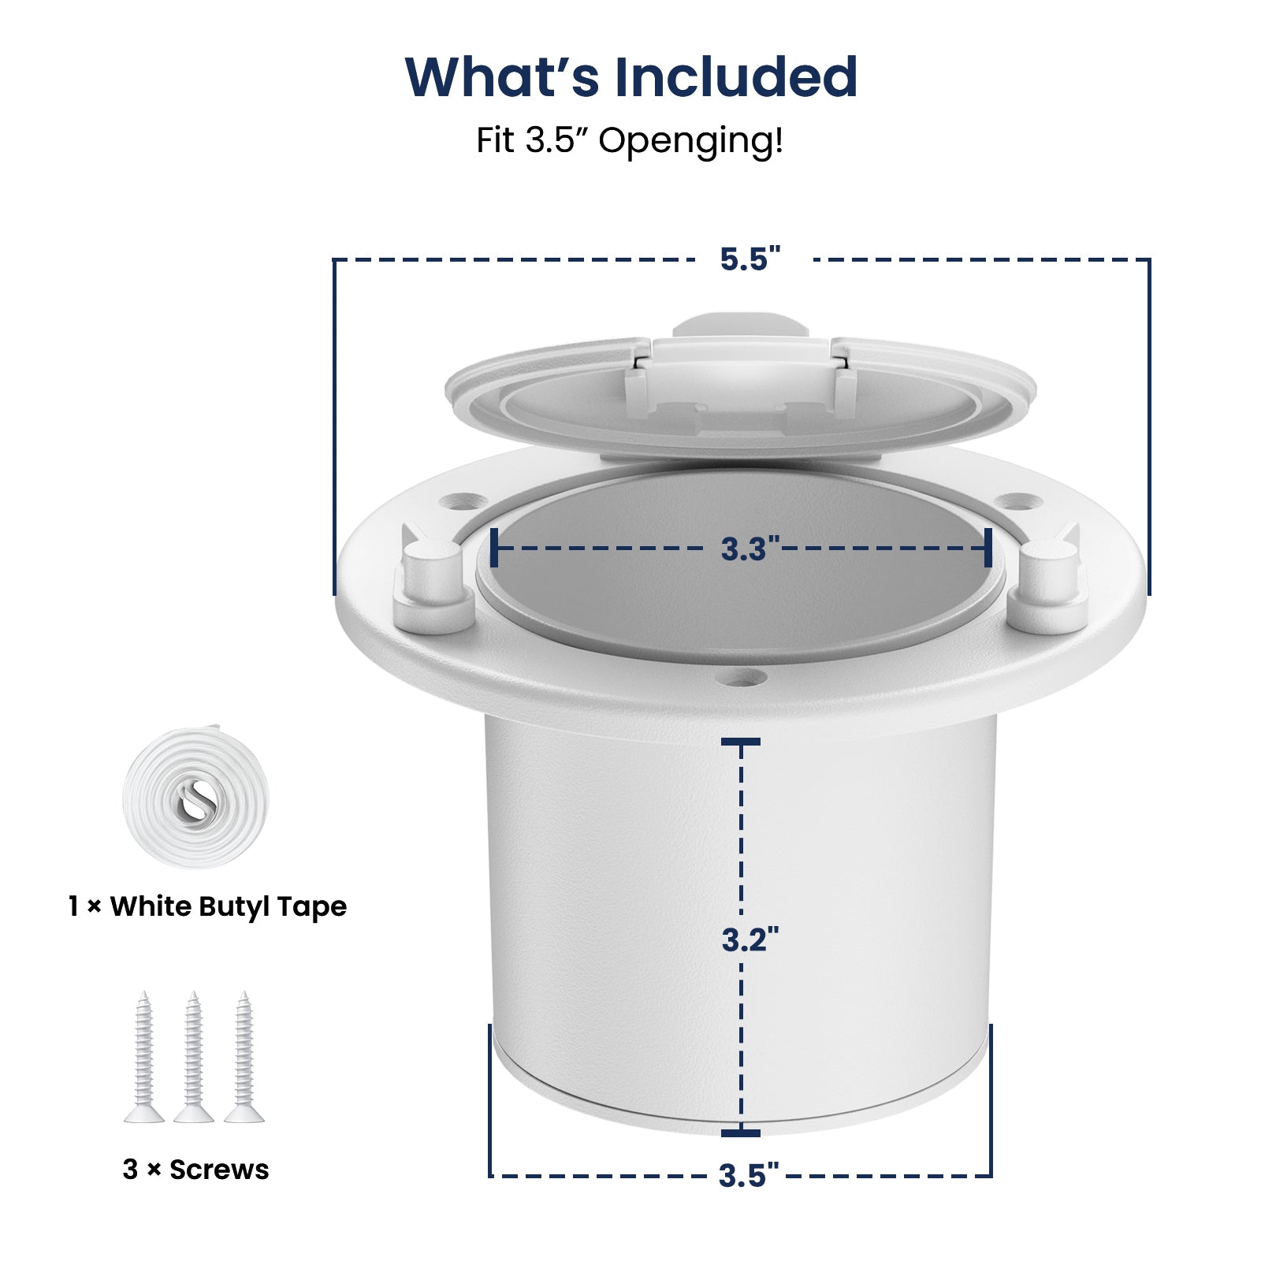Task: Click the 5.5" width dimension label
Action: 750,259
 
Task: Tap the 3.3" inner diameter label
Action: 750,549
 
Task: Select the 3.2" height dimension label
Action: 750,939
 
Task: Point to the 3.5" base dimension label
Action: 748,1175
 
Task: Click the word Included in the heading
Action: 736,77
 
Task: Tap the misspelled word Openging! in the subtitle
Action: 691,141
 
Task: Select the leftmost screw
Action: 143,1056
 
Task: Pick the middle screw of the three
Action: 193,1056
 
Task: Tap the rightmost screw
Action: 244,1056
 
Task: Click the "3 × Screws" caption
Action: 195,1170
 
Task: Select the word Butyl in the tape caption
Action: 234,907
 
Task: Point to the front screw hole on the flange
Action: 742,677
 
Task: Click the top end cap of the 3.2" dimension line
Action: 741,742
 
